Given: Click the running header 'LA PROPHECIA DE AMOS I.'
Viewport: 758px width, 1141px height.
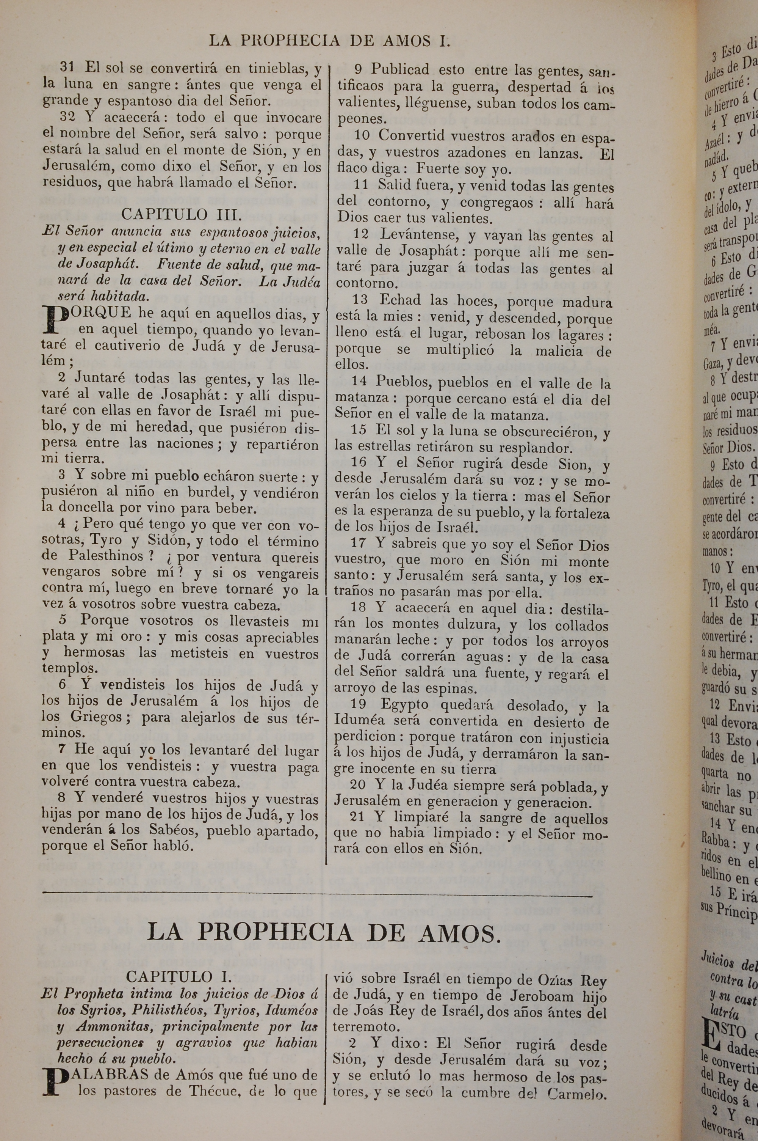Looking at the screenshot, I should [330, 41].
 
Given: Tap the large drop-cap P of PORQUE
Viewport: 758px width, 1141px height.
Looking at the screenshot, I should [55, 320].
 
